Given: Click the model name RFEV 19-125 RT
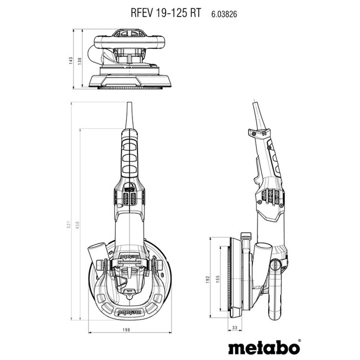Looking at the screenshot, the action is coord(166,13).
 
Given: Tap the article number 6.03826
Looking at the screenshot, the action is coord(224,14).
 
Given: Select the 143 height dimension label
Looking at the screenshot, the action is coord(71,60).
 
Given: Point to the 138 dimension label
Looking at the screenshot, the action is coord(80,61).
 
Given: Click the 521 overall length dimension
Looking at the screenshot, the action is coord(68,225).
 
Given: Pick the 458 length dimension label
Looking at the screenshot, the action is coord(77,225).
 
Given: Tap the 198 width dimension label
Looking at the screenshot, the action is coord(126,330).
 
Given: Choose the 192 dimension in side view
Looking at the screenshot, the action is coord(208,279).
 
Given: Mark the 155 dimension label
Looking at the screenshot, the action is coord(218,279).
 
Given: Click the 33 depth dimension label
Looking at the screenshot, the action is coord(234,328).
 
